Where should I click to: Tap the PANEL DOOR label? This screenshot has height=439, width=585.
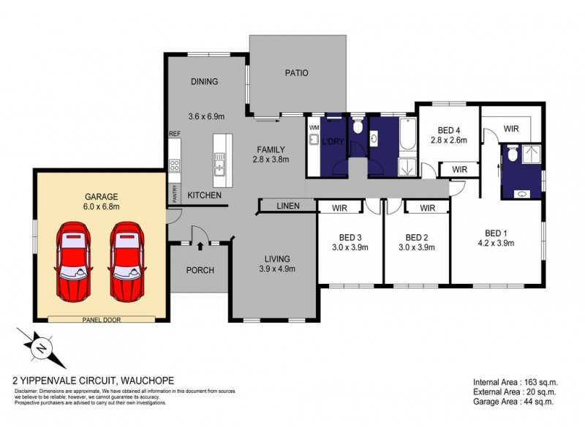click(x=102, y=319)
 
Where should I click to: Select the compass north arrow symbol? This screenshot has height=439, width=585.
click(x=41, y=347)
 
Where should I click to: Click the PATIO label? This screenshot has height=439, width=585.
click(x=296, y=73)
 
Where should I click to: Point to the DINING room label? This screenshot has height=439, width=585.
click(x=204, y=82)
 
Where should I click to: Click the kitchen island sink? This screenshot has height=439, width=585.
click(x=219, y=170)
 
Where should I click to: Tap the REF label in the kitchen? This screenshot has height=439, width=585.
click(x=174, y=134)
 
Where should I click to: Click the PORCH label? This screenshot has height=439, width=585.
click(x=200, y=270)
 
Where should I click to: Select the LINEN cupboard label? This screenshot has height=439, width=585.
click(x=287, y=207)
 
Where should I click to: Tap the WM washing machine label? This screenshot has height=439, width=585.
click(x=314, y=127)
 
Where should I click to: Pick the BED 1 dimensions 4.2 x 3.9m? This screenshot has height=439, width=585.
click(x=497, y=243)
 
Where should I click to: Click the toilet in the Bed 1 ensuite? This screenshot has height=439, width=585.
click(x=513, y=154)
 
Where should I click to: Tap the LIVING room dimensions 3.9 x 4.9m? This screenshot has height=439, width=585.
click(x=277, y=269)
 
